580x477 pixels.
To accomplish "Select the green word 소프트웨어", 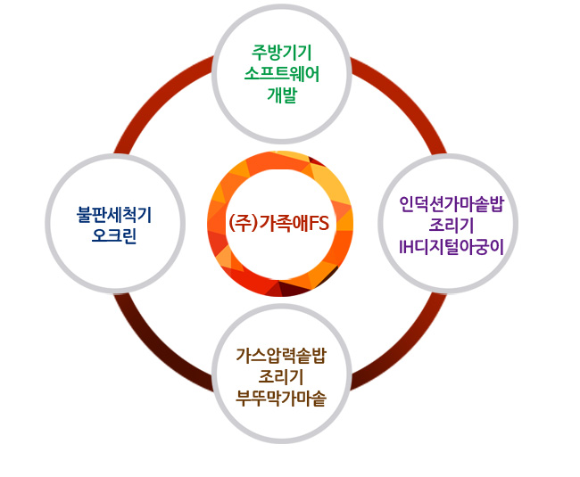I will (281, 74).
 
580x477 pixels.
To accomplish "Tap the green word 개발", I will (281, 95).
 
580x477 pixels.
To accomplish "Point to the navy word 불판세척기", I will (114, 214).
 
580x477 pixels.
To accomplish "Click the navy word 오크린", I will (114, 236).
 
